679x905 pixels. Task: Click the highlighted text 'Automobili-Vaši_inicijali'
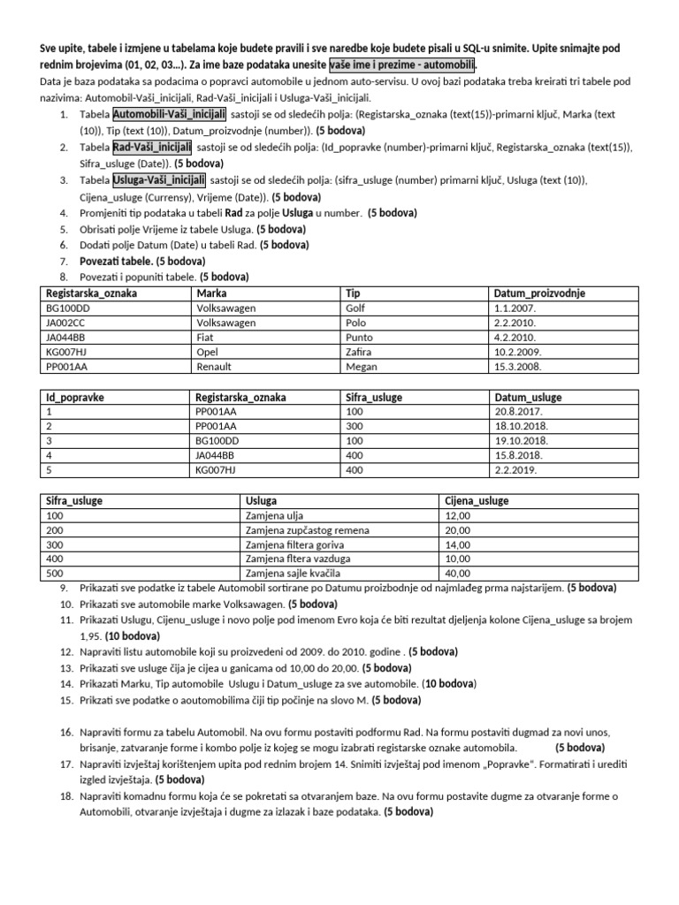tap(169, 114)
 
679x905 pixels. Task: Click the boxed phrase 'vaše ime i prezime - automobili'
tap(402, 66)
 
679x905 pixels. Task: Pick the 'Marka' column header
tap(210, 293)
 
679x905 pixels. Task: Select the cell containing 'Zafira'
tap(358, 351)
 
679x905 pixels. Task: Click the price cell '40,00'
tap(458, 573)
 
